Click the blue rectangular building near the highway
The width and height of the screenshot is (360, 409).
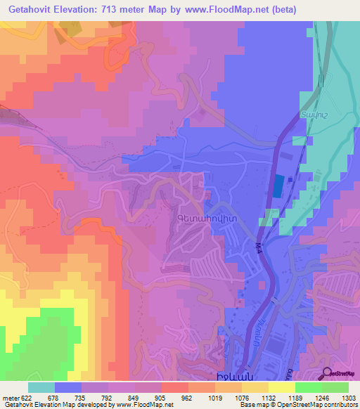click(x=279, y=186)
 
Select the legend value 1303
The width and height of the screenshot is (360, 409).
click(x=349, y=398)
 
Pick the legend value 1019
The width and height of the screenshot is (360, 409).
click(x=227, y=398)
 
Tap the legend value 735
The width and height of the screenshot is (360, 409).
click(x=94, y=398)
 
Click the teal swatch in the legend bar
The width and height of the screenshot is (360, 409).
click(x=41, y=387)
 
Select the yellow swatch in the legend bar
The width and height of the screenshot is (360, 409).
click(x=281, y=387)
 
